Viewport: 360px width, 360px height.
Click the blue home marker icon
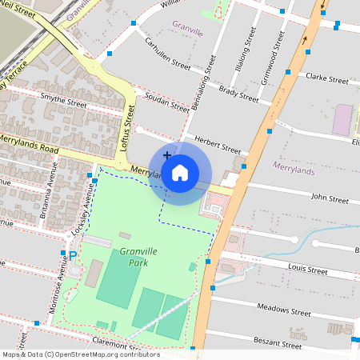pyautogui.click(x=180, y=173)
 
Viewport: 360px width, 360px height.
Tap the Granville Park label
pyautogui.click(x=134, y=257)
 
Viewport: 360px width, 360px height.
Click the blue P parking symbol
pyautogui.click(x=72, y=256)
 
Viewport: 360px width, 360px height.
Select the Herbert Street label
pyautogui.click(x=218, y=144)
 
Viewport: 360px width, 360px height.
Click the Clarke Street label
pyautogui.click(x=327, y=80)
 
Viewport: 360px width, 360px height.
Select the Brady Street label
pyautogui.click(x=238, y=94)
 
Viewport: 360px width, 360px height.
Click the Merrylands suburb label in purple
pyautogui.click(x=294, y=166)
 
